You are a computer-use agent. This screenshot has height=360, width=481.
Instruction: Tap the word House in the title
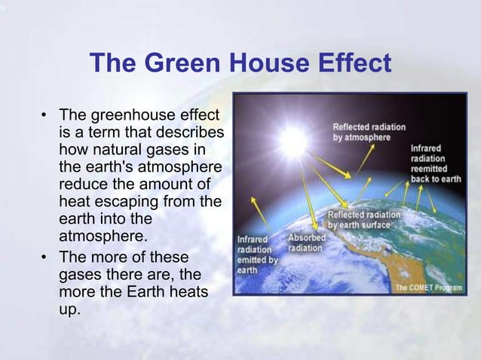click(258, 63)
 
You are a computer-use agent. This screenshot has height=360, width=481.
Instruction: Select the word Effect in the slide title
click(353, 63)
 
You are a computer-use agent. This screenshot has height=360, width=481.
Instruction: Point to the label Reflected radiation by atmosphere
click(369, 133)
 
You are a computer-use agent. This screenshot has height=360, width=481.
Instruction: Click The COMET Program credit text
click(428, 286)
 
